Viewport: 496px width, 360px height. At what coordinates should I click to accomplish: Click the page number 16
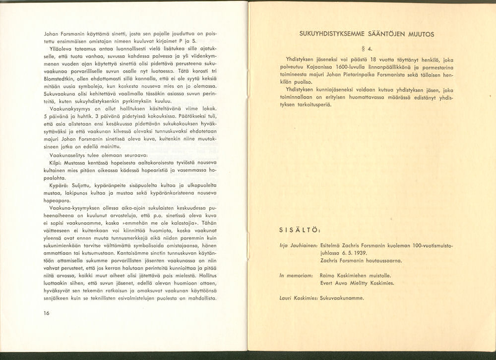pos(47,313)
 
